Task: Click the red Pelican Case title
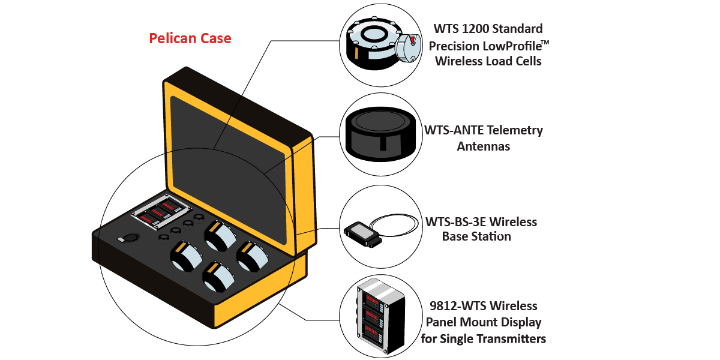(190, 39)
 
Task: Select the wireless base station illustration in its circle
(364, 233)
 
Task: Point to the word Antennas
(483, 146)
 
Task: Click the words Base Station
(476, 236)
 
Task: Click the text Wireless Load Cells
(488, 61)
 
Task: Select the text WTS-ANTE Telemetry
(484, 130)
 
